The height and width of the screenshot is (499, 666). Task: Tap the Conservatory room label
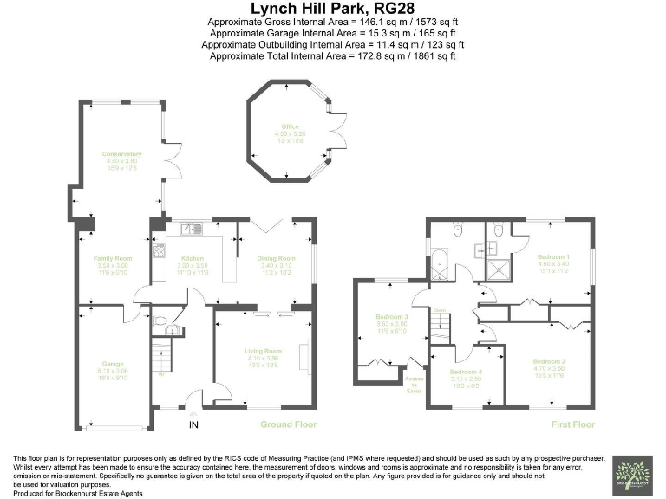click(x=121, y=154)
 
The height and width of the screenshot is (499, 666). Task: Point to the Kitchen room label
click(x=191, y=258)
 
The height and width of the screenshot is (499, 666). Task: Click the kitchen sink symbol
click(x=189, y=230)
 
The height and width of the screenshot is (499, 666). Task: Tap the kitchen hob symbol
click(x=159, y=251)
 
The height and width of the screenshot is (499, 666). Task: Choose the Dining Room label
click(x=276, y=258)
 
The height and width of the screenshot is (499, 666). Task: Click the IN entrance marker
click(x=194, y=424)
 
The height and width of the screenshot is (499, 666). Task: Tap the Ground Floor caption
click(x=289, y=424)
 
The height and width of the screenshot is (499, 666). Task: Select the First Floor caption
click(x=573, y=424)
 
